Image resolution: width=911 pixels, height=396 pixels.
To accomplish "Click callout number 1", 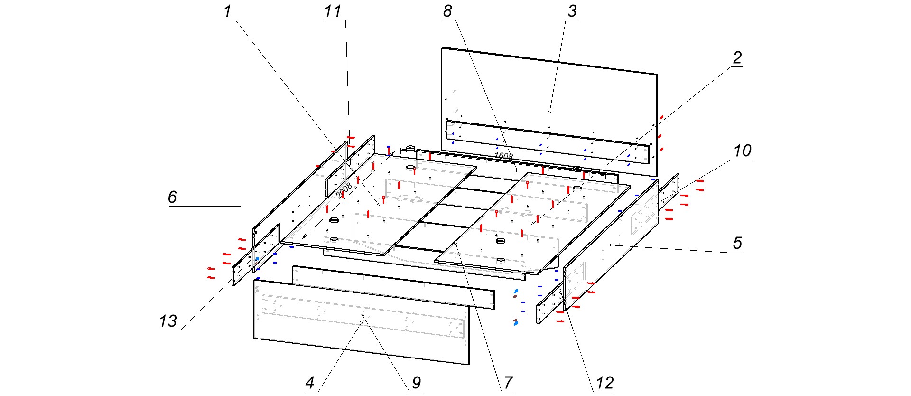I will [x=228, y=11].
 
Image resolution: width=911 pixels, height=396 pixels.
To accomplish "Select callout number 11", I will [x=333, y=11].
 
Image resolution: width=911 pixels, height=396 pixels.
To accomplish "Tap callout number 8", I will [x=447, y=11].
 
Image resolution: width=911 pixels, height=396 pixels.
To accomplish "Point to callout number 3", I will [x=572, y=11].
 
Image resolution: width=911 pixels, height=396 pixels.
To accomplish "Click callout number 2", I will [x=737, y=58].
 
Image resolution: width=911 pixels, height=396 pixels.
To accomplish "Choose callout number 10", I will [x=743, y=151].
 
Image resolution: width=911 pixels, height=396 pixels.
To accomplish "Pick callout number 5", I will [x=737, y=243].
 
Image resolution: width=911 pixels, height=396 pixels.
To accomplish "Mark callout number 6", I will [x=172, y=197].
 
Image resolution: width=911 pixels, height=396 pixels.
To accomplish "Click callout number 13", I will [x=168, y=321].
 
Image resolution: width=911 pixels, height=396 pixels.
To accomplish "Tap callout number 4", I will [x=310, y=383].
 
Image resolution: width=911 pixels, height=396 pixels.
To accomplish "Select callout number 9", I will [x=416, y=383].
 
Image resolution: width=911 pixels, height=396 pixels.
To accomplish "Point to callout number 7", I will [x=508, y=383].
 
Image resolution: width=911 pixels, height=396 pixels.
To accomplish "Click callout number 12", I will [x=604, y=383].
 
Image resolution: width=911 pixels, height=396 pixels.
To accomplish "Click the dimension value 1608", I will [x=503, y=156].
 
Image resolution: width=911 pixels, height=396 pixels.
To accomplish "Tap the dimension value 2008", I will [x=344, y=190].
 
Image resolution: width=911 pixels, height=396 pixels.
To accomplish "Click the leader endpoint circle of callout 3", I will [x=549, y=112].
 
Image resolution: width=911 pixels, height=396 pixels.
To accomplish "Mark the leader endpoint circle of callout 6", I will [x=300, y=206].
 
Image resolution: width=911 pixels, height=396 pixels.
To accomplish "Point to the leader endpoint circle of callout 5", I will [x=611, y=245].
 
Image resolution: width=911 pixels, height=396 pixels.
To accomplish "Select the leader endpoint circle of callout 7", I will [x=455, y=243].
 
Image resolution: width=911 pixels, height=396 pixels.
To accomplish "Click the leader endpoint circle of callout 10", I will [x=655, y=204].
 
